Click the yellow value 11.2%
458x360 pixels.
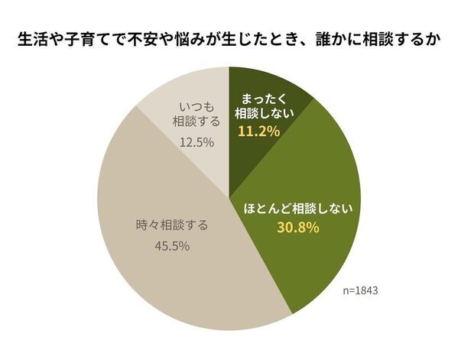(260, 131)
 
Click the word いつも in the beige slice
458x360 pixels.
(195, 105)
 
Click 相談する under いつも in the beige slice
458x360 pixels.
(195, 122)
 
